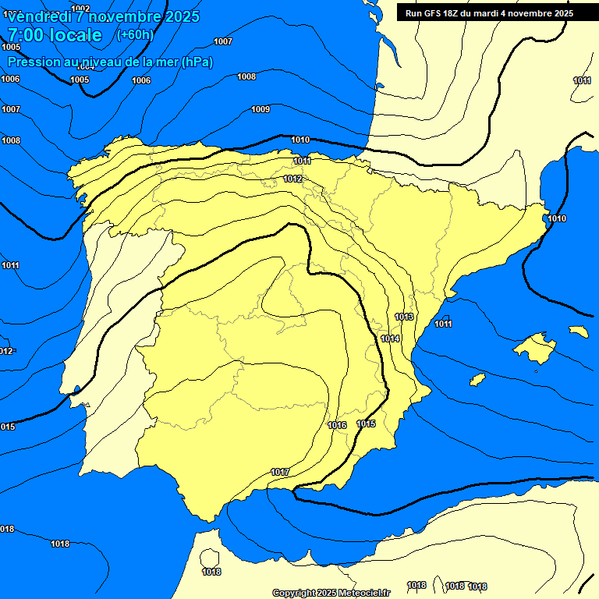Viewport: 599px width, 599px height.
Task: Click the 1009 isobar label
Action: coord(261,109)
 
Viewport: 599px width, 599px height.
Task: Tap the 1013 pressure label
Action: coord(404,317)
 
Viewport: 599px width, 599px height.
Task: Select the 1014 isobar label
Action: coord(390,338)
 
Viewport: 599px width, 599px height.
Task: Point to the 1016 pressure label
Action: coord(337,425)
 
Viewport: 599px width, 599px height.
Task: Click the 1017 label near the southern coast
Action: coord(280,473)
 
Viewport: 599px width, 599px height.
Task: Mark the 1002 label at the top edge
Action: coord(80,9)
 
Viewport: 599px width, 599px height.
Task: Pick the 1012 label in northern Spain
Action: coord(292,179)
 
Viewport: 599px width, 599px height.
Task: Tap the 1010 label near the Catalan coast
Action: coord(557,218)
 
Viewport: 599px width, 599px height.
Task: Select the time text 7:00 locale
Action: coord(55,35)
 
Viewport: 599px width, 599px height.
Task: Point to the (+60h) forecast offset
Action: coord(135,35)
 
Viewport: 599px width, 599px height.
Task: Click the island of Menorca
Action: coord(578,331)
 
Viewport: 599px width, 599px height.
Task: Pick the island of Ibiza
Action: coord(477,379)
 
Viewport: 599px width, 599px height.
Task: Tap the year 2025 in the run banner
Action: coord(560,13)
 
